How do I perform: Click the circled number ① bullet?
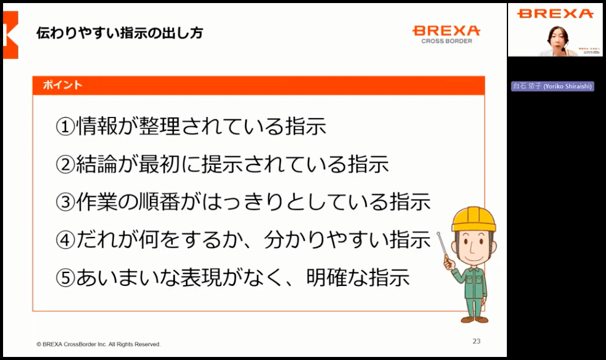(x=65, y=127)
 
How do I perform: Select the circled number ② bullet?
(x=65, y=165)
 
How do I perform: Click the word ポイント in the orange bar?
(x=62, y=86)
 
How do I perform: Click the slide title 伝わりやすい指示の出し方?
(x=119, y=32)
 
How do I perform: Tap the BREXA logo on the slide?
(x=446, y=31)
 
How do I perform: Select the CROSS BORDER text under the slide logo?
(x=447, y=42)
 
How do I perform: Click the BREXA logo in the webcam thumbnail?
(x=555, y=13)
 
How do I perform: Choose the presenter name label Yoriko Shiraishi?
(x=553, y=87)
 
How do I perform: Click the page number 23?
(x=476, y=341)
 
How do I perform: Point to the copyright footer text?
(x=99, y=344)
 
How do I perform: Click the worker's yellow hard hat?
(x=474, y=219)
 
